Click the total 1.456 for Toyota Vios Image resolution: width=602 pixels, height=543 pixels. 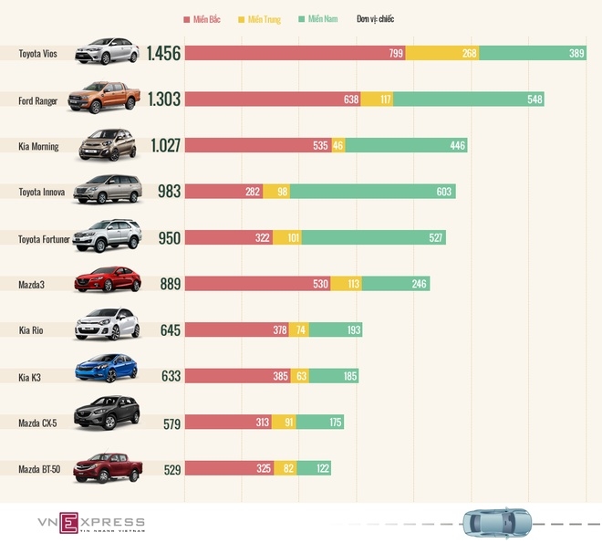coord(163,54)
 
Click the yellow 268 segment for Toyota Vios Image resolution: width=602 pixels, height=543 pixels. coord(442,54)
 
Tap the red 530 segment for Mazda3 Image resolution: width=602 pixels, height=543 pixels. coord(257,284)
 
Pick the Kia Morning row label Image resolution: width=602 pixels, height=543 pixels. coord(38,147)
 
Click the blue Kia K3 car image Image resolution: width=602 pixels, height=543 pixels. coord(107,369)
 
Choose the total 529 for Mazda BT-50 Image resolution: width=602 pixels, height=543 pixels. coord(167,468)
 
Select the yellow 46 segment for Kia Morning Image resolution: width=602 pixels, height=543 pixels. coord(337,145)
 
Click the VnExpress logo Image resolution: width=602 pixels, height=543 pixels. coord(90,523)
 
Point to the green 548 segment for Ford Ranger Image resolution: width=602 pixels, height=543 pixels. coord(468,99)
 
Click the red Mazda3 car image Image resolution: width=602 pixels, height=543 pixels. coord(107,279)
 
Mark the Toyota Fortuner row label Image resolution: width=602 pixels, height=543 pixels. coord(45,239)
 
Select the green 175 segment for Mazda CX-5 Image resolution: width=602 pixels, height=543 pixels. coord(319,422)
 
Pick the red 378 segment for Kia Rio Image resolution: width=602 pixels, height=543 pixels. coord(237,329)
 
